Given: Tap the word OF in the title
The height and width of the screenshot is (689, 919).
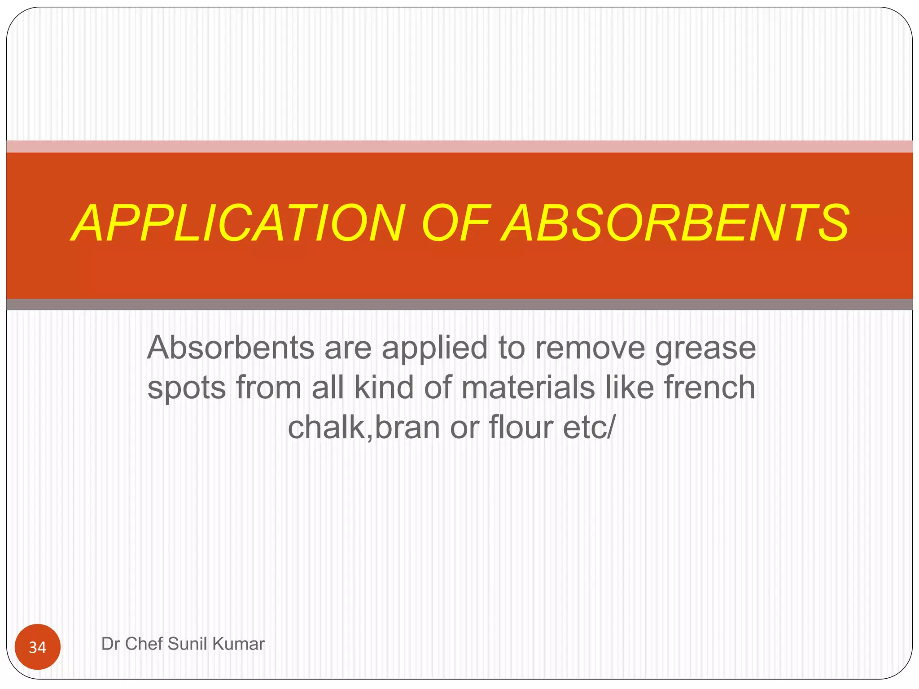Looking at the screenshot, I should [x=456, y=223].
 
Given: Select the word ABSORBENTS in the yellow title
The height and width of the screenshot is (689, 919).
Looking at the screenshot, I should [x=675, y=223].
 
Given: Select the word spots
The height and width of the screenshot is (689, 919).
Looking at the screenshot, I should [x=186, y=388].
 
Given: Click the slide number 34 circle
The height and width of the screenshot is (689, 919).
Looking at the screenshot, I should [x=38, y=647].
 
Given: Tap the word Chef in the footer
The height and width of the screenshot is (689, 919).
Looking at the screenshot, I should [x=144, y=644].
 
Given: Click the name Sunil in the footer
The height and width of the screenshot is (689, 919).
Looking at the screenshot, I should [x=188, y=644].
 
